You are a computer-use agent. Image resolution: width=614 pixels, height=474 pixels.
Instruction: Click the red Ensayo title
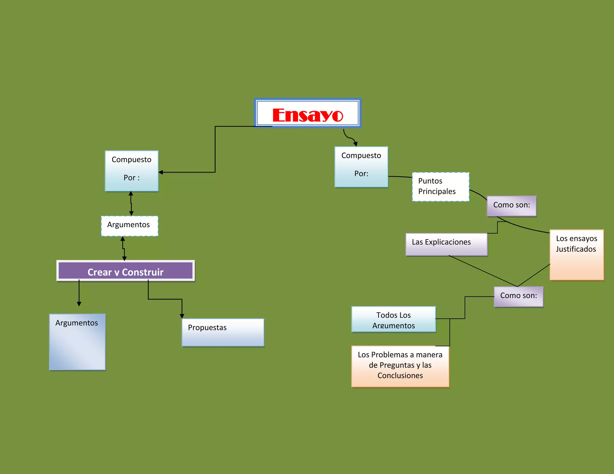[308, 115]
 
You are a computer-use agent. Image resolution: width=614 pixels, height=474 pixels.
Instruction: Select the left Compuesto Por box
[132, 171]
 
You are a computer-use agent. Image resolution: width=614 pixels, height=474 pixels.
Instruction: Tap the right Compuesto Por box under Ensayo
[361, 167]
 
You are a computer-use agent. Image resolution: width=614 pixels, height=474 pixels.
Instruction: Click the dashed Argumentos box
[129, 226]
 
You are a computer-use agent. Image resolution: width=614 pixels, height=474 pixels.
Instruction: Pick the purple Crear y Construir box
[126, 271]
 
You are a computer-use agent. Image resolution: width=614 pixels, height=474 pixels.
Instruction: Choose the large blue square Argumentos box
[77, 342]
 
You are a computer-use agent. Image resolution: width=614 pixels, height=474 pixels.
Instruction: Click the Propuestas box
[223, 332]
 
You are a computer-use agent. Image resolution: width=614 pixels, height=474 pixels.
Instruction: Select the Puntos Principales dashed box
[440, 187]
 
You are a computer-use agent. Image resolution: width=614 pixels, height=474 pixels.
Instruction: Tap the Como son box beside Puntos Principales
[511, 206]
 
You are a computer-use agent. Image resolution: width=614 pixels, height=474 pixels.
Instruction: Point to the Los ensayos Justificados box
[577, 255]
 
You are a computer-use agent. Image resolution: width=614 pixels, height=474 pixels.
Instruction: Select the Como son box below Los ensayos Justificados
[518, 297]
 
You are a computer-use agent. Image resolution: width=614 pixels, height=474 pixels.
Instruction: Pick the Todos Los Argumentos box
[393, 319]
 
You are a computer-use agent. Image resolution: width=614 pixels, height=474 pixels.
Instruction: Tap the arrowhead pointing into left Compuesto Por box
[161, 172]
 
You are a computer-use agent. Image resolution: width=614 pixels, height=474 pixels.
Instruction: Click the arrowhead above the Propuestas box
[182, 316]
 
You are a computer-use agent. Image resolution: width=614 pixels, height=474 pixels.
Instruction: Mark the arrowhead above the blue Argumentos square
[79, 304]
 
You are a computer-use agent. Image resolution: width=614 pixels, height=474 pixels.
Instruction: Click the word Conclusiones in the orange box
[400, 375]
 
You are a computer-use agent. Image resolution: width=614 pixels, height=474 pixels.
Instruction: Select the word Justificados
[576, 249]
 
